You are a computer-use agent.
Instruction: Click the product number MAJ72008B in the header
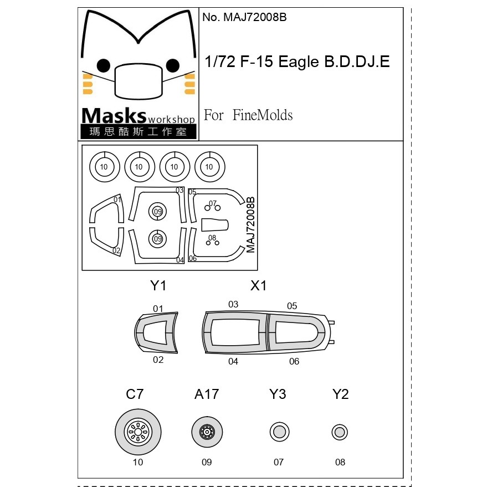(255, 17)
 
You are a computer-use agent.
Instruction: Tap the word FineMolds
(263, 115)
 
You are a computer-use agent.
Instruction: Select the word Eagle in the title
(299, 62)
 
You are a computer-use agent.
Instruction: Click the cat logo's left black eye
(104, 65)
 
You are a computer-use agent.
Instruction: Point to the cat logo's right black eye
(173, 65)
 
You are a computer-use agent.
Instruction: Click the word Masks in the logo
(114, 116)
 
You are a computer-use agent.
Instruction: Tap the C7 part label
(135, 394)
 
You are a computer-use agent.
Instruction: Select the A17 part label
(207, 394)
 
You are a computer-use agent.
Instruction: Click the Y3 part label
(278, 394)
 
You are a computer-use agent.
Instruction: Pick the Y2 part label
(340, 394)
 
